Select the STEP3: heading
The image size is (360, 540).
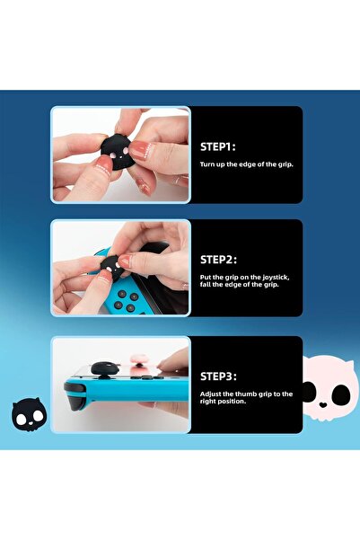pyautogui.click(x=221, y=376)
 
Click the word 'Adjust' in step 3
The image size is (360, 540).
pyautogui.click(x=212, y=393)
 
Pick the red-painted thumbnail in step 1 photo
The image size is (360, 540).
pyautogui.click(x=139, y=148)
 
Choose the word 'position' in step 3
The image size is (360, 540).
pyautogui.click(x=230, y=401)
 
